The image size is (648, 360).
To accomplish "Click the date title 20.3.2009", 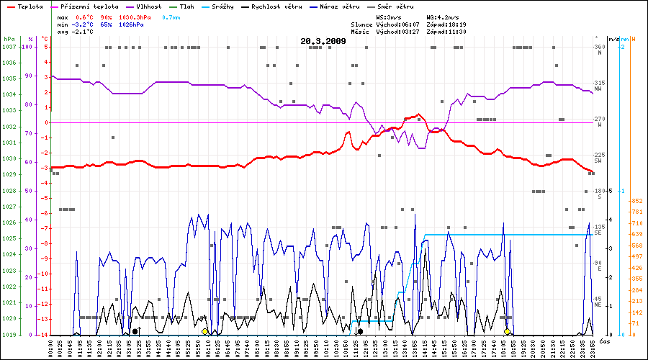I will coord(323,41).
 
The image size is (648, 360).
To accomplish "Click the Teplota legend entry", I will coord(27,6).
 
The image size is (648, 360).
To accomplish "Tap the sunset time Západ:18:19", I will coord(446,24).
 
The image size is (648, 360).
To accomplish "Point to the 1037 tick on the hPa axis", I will coord(9,47).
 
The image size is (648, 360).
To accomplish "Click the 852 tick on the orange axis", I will coord(636,201).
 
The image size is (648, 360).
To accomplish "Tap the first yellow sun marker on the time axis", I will coord(205,331).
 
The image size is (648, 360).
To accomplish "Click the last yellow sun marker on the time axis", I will coord(507,331).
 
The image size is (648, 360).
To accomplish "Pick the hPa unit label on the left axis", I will coord(9,39).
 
